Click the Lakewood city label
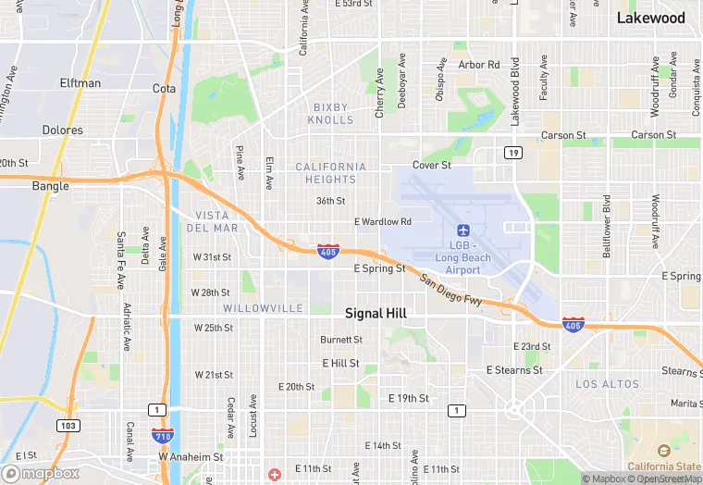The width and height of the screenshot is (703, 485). tap(650, 18)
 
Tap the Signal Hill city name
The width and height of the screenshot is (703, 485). tap(376, 314)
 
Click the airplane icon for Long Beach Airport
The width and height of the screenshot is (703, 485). tap(463, 230)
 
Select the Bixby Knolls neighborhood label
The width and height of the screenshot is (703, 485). tap(332, 114)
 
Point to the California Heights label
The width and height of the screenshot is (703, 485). tap(330, 173)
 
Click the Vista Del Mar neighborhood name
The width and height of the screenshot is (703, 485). tap(212, 221)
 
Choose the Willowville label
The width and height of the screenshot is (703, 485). tap(263, 307)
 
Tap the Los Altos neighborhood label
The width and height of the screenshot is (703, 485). tap(607, 384)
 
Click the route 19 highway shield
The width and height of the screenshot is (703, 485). tap(512, 152)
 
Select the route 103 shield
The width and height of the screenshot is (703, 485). tap(67, 426)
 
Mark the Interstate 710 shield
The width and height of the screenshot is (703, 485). tap(187, 434)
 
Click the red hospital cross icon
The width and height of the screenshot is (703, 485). tap(275, 475)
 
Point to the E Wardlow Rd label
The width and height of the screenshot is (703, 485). tap(382, 222)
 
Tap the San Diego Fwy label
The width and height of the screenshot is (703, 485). tap(450, 291)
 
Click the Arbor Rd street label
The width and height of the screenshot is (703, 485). tap(478, 65)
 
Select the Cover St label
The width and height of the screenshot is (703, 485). tap(431, 166)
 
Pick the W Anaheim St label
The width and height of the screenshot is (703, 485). tap(191, 456)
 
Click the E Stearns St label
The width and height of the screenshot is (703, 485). tap(514, 370)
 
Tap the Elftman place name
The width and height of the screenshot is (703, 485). tap(80, 83)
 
